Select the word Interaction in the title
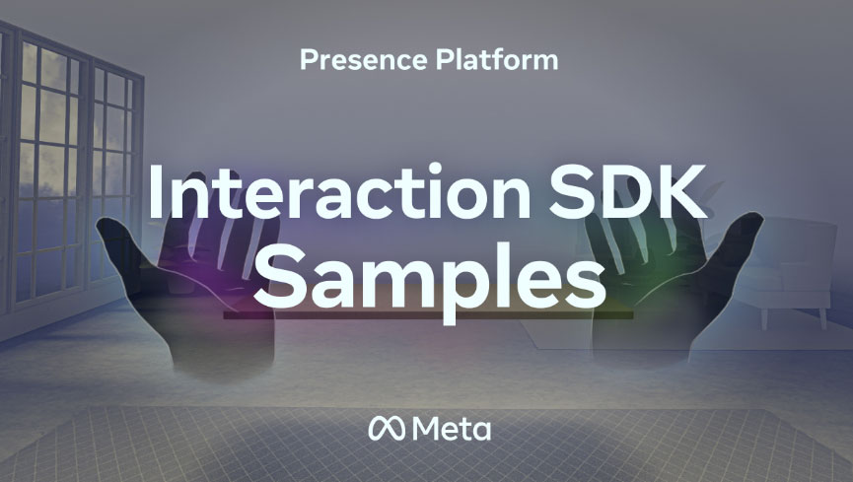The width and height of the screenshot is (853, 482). (339, 191)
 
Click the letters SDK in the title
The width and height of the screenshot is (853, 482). (628, 191)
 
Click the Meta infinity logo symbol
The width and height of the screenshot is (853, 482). (387, 429)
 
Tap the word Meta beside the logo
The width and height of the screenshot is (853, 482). (452, 429)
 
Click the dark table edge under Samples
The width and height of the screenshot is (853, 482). (428, 315)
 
